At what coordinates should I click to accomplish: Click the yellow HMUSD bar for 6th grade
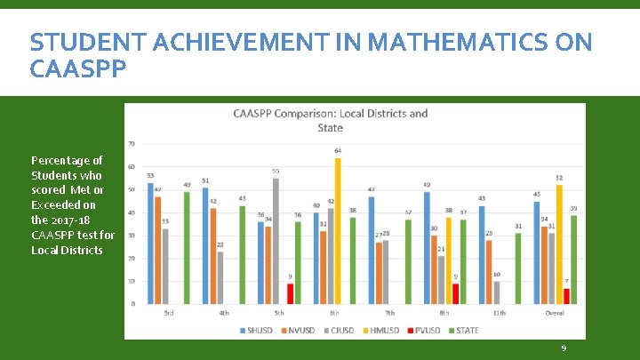click(338, 231)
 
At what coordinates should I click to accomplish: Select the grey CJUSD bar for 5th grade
click(276, 241)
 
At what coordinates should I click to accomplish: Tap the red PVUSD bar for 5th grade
click(290, 293)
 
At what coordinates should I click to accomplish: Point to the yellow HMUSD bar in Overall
click(558, 244)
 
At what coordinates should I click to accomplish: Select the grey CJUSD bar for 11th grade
click(497, 292)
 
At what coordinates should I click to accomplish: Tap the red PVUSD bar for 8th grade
click(456, 293)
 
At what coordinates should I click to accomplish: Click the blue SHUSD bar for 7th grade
click(370, 250)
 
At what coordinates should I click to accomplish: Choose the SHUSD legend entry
click(259, 331)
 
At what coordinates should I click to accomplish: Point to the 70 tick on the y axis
click(132, 144)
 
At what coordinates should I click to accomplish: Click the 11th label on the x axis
click(499, 313)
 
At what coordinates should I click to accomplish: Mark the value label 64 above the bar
click(338, 151)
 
